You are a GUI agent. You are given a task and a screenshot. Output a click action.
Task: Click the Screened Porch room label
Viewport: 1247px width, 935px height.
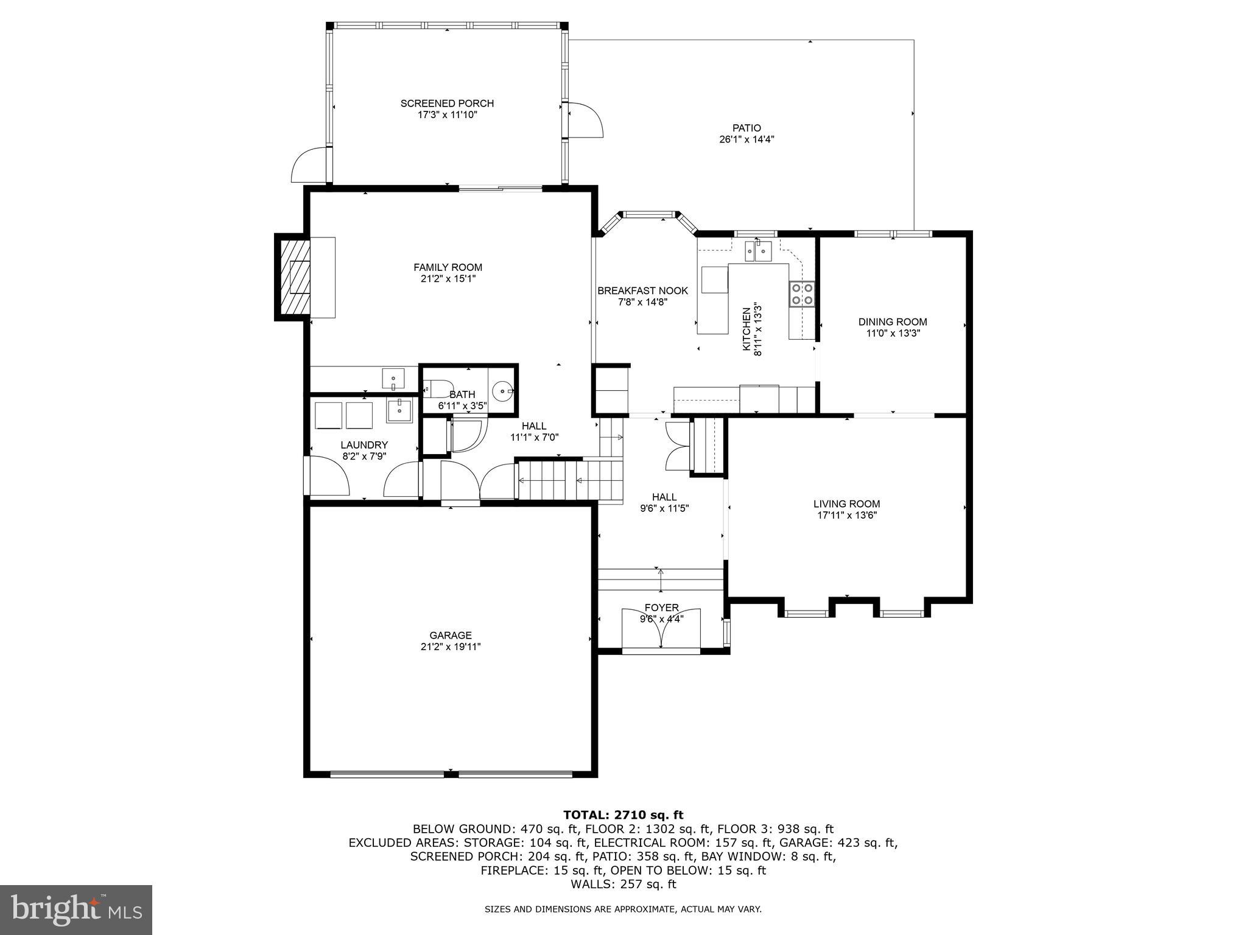click(447, 103)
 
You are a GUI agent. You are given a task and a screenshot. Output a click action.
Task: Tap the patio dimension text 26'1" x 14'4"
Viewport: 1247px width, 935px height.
click(746, 139)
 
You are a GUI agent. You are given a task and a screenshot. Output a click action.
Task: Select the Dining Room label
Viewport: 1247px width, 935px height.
click(893, 322)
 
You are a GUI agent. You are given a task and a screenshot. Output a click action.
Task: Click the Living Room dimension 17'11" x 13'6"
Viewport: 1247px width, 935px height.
click(846, 516)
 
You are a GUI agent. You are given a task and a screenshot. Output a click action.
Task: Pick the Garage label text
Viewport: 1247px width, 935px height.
click(451, 636)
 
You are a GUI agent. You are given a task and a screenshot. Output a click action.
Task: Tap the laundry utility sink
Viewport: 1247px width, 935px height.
click(399, 410)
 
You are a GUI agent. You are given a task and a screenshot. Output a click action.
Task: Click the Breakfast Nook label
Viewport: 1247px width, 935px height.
click(642, 291)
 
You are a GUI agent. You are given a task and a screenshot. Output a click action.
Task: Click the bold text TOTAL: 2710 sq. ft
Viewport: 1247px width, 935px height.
click(623, 815)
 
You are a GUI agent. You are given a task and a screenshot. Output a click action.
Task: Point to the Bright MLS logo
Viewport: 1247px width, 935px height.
click(76, 909)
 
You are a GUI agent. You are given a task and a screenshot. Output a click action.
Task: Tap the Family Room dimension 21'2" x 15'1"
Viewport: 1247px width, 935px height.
click(448, 279)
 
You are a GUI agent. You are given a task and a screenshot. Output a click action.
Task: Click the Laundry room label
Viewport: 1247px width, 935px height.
click(364, 445)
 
